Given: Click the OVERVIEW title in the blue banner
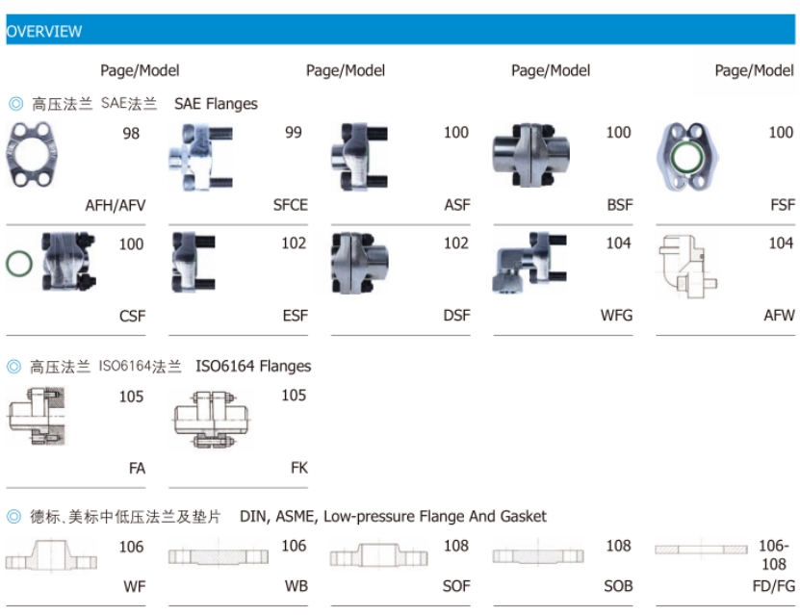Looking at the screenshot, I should point(44,31).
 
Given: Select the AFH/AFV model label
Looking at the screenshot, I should point(115,204).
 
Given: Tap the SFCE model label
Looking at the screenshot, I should point(290,204).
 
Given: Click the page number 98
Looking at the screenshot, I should point(131,134).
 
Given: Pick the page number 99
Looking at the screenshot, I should point(294,133).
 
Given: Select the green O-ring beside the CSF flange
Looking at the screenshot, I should point(19,263).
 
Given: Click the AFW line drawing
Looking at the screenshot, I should point(687,265).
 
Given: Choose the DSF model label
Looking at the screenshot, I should point(456,315).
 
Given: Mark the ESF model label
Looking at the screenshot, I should point(295,315).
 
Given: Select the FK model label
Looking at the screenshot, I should point(298,468).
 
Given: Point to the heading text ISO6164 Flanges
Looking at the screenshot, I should point(253,366).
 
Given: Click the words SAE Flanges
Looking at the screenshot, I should point(216,103).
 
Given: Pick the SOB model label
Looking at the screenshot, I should point(618,585).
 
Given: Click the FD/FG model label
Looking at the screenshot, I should point(772,585).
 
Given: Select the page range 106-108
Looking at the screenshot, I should point(773,555).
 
